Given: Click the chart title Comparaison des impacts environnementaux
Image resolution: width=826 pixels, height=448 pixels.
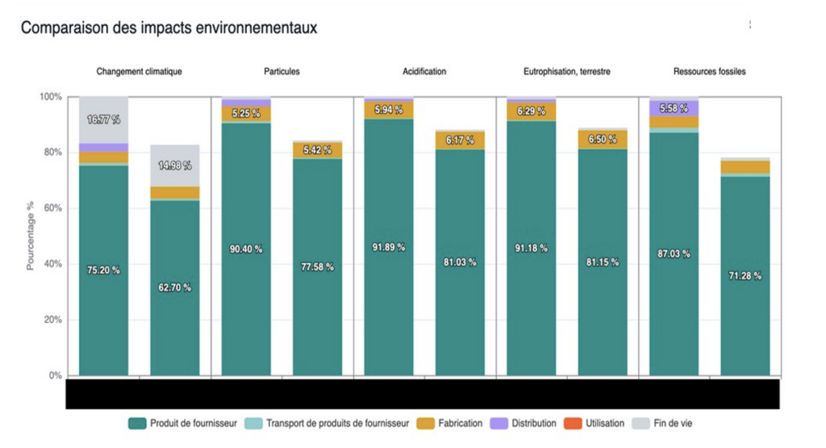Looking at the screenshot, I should tap(169, 28).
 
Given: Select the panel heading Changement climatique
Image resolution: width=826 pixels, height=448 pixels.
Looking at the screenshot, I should tap(140, 72).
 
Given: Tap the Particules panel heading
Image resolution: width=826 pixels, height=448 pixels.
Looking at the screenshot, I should tap(282, 72).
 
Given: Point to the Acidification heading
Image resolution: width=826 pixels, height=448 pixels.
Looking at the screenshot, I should tap(424, 72).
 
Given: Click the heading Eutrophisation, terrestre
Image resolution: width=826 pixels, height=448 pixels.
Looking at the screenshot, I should tap(567, 72).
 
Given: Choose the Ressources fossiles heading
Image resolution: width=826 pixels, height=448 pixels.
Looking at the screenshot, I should tap(710, 72).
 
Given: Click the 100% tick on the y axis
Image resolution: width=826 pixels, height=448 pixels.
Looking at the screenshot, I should tap(50, 97).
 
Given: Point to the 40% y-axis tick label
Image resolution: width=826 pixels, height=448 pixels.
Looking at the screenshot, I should tap(52, 264).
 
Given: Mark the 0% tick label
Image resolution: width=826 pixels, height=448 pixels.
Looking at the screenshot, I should tap(55, 375).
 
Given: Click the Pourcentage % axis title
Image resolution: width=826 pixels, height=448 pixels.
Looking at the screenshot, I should tap(30, 236).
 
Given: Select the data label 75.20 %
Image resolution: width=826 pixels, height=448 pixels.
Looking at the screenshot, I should tap(103, 270).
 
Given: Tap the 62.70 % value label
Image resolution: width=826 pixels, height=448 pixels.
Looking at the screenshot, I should tap(174, 287).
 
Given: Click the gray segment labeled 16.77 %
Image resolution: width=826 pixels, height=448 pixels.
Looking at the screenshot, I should tap(103, 119).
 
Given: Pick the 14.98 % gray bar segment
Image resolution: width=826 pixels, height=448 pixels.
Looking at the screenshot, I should tap(174, 165).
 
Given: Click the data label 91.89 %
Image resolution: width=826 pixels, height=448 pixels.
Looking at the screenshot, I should tap(388, 247).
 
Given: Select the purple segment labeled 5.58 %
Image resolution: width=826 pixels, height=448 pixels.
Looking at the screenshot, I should tap(674, 108).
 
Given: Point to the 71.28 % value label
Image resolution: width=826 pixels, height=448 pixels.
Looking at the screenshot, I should tap(745, 276).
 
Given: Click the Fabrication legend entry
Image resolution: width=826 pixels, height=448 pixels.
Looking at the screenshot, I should tap(456, 423).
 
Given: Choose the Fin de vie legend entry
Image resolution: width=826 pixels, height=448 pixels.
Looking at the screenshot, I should tap(665, 423).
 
